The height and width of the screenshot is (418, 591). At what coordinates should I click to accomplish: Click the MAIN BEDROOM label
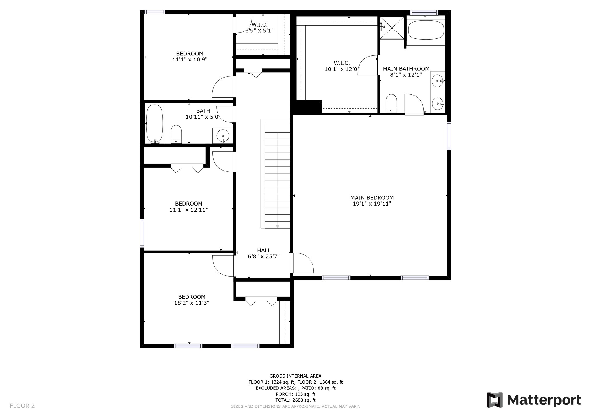coord(372,198)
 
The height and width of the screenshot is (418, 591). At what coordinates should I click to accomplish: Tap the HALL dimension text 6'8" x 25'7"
coord(264,256)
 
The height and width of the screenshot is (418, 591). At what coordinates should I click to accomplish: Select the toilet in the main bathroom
coord(391,103)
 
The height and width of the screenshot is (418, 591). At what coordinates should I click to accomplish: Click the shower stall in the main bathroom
coord(392,28)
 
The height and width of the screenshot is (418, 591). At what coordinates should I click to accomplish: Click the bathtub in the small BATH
coord(154,124)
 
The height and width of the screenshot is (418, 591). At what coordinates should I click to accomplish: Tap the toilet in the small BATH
coord(176,134)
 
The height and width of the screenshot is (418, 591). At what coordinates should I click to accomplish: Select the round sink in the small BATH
coord(222,135)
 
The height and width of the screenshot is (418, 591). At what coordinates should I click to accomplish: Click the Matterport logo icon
coord(495,400)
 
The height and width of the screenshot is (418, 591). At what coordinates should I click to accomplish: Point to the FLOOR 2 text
coord(22,406)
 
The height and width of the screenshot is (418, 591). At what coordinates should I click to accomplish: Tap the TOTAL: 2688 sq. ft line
coord(295,400)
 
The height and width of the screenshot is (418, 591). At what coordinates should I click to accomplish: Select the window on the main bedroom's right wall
coord(449,135)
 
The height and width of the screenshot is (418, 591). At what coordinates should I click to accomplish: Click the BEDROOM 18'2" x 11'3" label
coord(192,300)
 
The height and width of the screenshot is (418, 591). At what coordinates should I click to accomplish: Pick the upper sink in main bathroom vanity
coord(438,81)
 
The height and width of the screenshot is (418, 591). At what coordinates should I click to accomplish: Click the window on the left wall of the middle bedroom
coord(142,233)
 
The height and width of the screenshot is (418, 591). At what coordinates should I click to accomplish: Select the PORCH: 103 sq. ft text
coord(295,394)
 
